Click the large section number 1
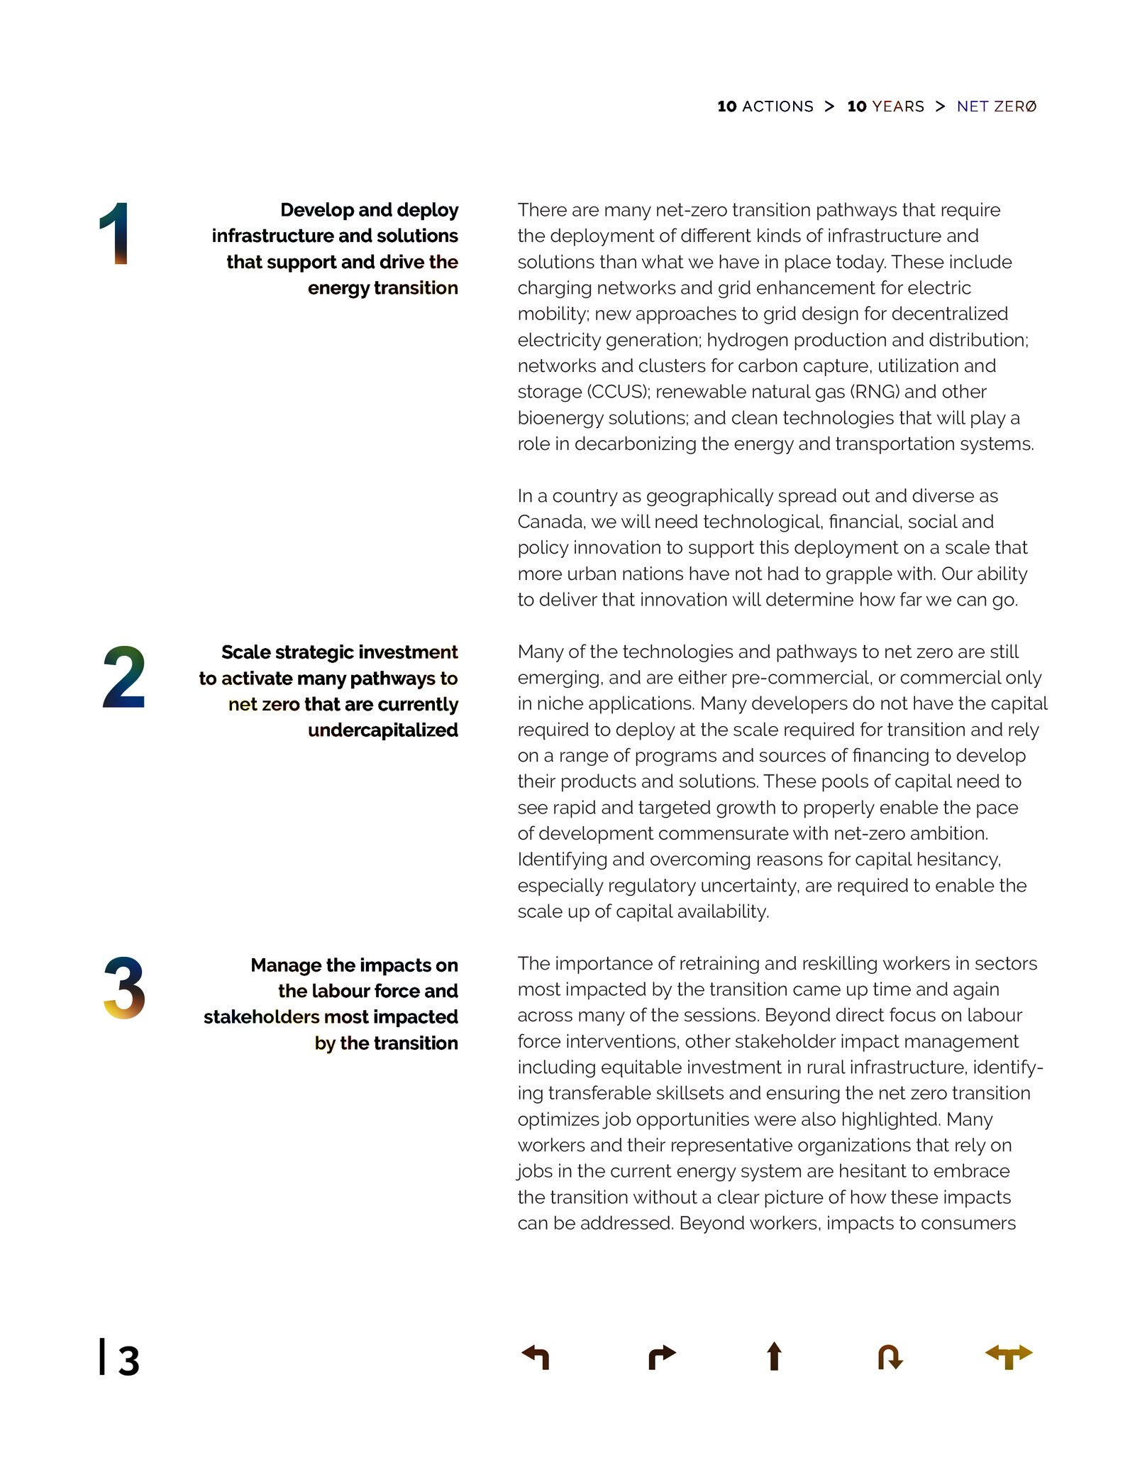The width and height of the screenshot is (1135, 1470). click(115, 234)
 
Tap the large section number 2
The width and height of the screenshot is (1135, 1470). click(123, 677)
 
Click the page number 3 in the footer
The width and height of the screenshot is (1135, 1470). click(128, 1361)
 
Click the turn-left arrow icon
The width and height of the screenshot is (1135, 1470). click(536, 1356)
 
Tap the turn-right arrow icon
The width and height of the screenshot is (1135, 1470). click(662, 1356)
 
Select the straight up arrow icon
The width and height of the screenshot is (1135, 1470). click(774, 1356)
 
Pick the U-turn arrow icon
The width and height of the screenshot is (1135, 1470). click(890, 1356)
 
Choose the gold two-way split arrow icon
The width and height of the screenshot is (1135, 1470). click(1009, 1356)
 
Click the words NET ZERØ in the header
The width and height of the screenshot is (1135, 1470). click(996, 106)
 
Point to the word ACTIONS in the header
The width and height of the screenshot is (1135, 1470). click(777, 106)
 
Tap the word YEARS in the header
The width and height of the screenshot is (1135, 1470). click(898, 106)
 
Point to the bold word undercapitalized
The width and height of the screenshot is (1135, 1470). click(382, 730)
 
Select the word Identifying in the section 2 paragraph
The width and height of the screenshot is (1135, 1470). click(562, 860)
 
